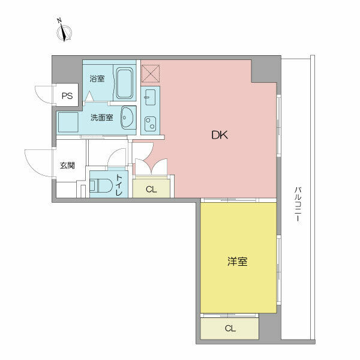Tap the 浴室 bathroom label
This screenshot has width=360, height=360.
coord(97,79)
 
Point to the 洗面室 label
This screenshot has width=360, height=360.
coord(101,118)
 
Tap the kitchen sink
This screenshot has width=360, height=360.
coord(150,97)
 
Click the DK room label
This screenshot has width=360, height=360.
coord(218,136)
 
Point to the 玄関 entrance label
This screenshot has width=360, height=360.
coord(67,166)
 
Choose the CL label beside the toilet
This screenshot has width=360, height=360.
coord(151,190)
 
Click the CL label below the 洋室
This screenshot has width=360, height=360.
coord(230,328)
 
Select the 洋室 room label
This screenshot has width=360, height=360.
coord(238,262)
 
